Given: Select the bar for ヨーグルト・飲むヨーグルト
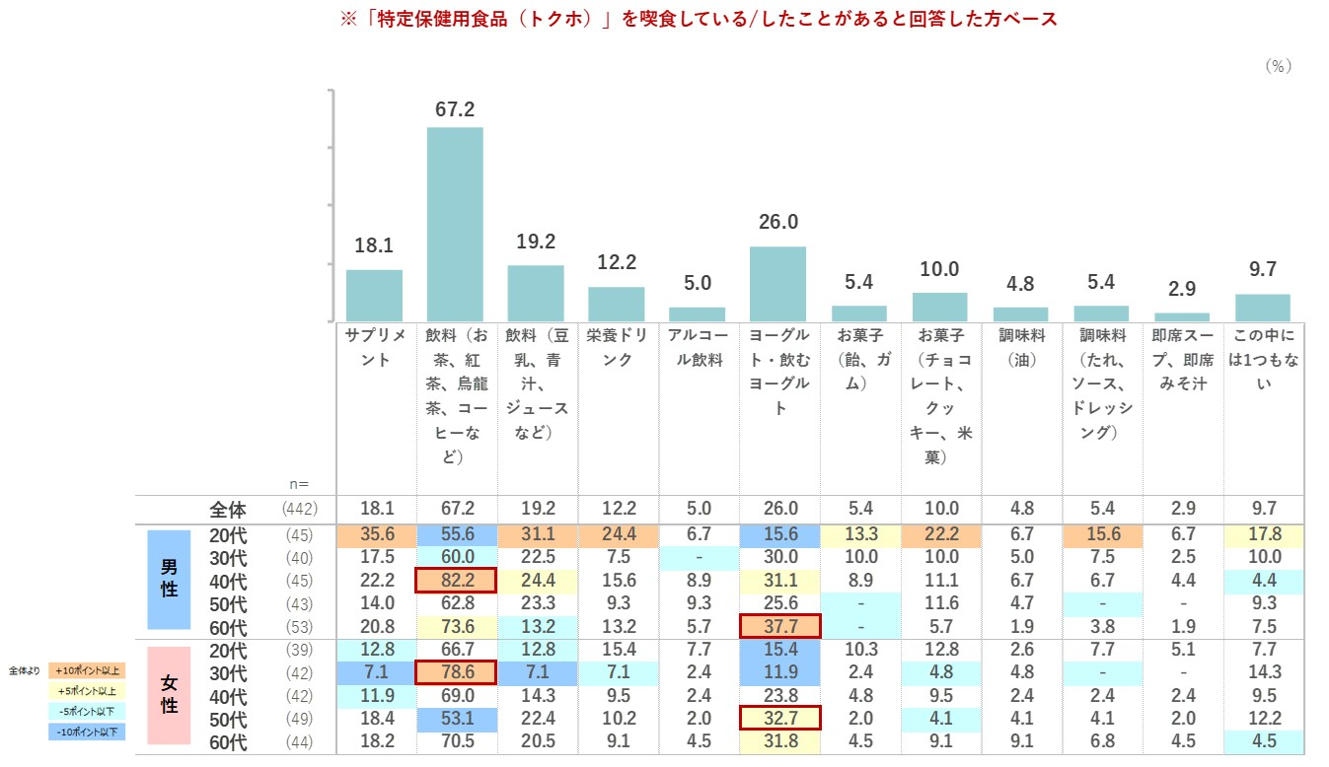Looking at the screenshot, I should [x=777, y=284].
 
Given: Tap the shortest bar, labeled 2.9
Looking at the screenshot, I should [x=1181, y=316].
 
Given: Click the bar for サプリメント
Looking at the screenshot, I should [x=374, y=295].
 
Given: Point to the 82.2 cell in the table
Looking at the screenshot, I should [x=455, y=581].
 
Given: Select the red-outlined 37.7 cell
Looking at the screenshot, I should [x=778, y=626].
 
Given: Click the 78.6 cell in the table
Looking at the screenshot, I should [x=455, y=673].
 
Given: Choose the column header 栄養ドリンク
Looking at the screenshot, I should [x=617, y=347].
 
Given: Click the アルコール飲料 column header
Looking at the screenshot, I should [x=697, y=347].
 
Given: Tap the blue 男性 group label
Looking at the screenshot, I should [x=169, y=581].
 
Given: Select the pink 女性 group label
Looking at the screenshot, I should [x=169, y=696].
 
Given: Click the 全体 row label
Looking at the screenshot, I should [x=228, y=510].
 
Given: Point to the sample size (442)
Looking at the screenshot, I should [x=297, y=510].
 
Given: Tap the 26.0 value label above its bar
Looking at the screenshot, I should [x=777, y=223].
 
